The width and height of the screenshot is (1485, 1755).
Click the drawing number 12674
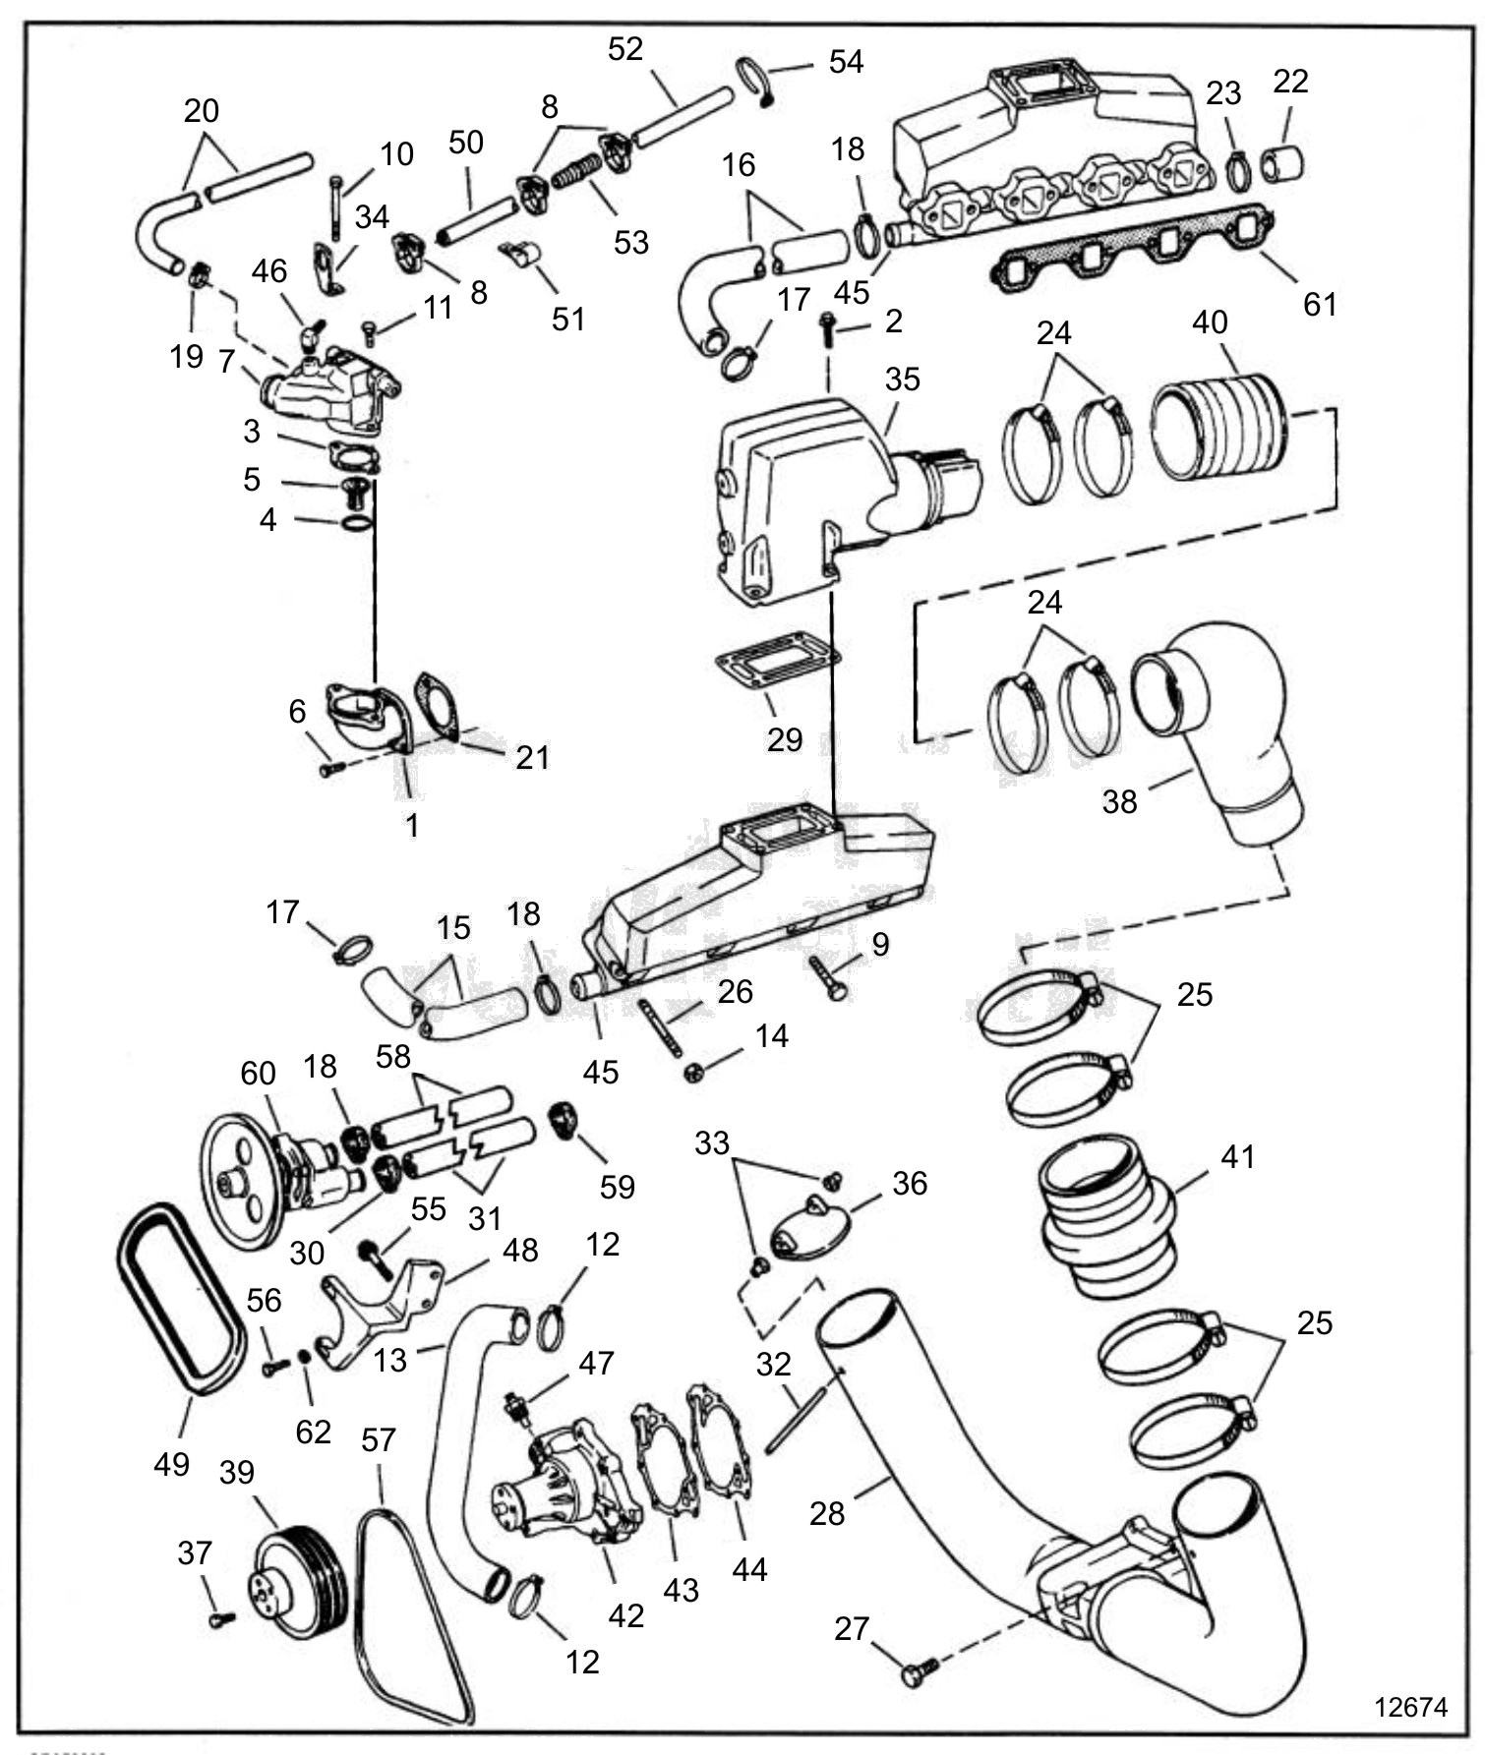(1410, 1706)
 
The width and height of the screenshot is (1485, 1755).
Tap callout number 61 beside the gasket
(1320, 304)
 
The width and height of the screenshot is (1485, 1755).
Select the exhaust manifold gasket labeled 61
(1131, 250)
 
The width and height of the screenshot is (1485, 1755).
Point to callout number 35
(902, 380)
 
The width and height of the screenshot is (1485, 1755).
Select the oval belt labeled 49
(181, 1298)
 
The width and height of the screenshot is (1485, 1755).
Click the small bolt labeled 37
(221, 1619)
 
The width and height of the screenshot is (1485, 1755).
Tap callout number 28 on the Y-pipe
(827, 1513)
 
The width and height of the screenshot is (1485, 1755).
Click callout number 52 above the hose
(625, 48)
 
